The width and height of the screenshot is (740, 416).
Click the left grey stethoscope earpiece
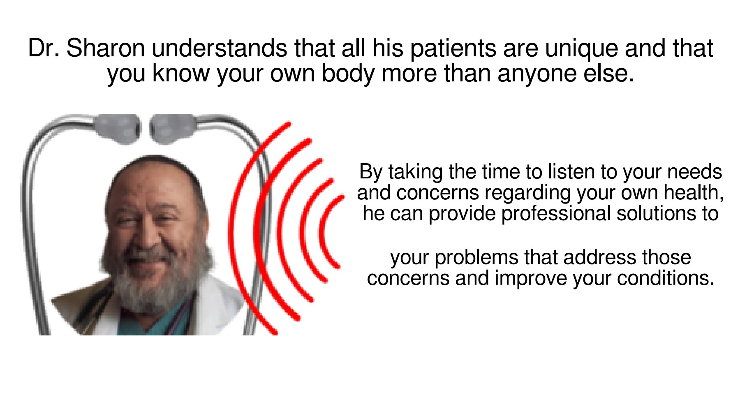(x=118, y=129)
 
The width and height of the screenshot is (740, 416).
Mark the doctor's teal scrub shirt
(x=140, y=323)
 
